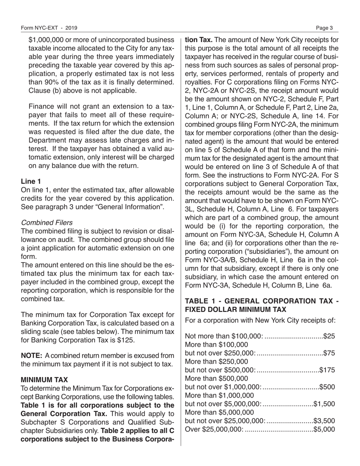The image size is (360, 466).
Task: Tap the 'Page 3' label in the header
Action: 327,28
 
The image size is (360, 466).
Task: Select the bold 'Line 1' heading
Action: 31,181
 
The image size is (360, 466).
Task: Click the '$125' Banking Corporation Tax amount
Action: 126,340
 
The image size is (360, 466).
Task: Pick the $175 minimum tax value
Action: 327,370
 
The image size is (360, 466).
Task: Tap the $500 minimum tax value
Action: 327,387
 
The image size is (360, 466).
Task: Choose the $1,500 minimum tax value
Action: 325,403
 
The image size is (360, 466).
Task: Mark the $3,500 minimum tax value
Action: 325,421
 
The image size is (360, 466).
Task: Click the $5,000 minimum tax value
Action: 325,429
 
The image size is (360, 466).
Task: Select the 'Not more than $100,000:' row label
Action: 224,336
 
